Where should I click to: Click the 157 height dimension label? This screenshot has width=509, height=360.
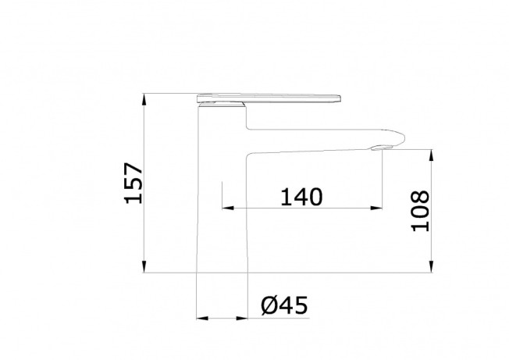click(x=133, y=183)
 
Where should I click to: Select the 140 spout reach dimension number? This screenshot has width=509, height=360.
click(x=301, y=197)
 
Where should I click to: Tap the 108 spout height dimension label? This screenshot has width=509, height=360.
click(x=420, y=211)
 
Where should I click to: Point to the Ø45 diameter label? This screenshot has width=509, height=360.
click(x=284, y=305)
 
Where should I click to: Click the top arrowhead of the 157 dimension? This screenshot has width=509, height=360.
click(x=144, y=99)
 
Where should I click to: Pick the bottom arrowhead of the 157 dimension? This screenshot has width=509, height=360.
click(x=144, y=267)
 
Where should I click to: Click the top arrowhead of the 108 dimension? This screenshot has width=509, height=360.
click(x=431, y=155)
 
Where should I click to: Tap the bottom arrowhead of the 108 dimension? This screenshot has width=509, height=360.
click(x=431, y=267)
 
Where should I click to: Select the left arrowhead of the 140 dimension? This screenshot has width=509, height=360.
click(x=228, y=208)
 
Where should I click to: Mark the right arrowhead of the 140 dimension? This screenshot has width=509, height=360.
click(x=376, y=208)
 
